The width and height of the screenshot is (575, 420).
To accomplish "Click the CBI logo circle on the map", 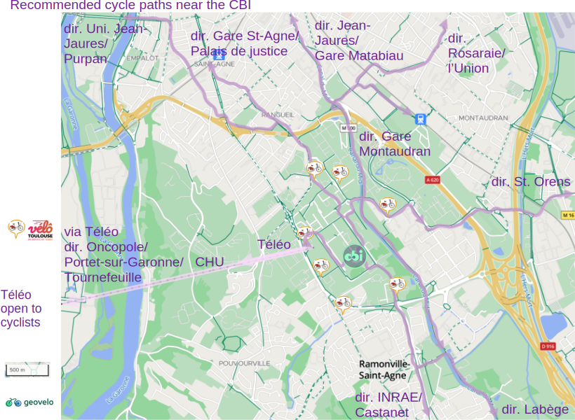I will pyautogui.click(x=354, y=256).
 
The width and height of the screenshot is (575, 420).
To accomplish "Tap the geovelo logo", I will pyautogui.click(x=29, y=402).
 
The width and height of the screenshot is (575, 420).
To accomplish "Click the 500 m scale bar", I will pyautogui.click(x=27, y=370).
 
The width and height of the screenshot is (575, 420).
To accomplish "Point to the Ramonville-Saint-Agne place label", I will pyautogui.click(x=383, y=370).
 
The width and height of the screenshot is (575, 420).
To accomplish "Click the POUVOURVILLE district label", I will pyautogui.click(x=244, y=363).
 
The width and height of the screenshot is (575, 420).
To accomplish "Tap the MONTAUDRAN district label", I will pyautogui.click(x=482, y=118).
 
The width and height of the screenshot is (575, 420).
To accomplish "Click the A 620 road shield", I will pyautogui.click(x=432, y=180).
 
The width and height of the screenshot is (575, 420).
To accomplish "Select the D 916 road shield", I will pyautogui.click(x=548, y=346).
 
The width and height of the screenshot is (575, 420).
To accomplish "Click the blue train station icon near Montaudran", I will pyautogui.click(x=420, y=119).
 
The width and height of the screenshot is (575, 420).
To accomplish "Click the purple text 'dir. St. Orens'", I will pyautogui.click(x=531, y=182).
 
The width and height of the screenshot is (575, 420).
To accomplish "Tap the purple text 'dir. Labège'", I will pyautogui.click(x=535, y=409).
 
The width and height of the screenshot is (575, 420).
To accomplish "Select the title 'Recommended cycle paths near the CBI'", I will pyautogui.click(x=130, y=6).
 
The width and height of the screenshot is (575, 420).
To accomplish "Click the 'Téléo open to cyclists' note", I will pyautogui.click(x=21, y=309).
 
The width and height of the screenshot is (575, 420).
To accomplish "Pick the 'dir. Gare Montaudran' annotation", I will pyautogui.click(x=395, y=144).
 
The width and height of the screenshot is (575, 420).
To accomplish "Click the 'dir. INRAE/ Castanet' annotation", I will pyautogui.click(x=388, y=405).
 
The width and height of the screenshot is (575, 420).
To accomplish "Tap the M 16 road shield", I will pyautogui.click(x=567, y=216).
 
